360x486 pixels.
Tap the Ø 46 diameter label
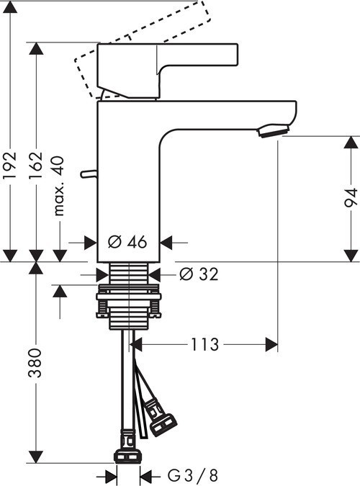coord(127,243)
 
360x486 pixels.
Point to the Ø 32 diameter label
coord(196,274)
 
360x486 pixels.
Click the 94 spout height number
coord(350,196)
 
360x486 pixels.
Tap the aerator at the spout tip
coord(272,130)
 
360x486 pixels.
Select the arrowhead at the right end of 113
coord(272,345)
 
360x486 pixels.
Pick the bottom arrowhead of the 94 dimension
coord(350,255)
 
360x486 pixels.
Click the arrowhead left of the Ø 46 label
coord(91,243)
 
